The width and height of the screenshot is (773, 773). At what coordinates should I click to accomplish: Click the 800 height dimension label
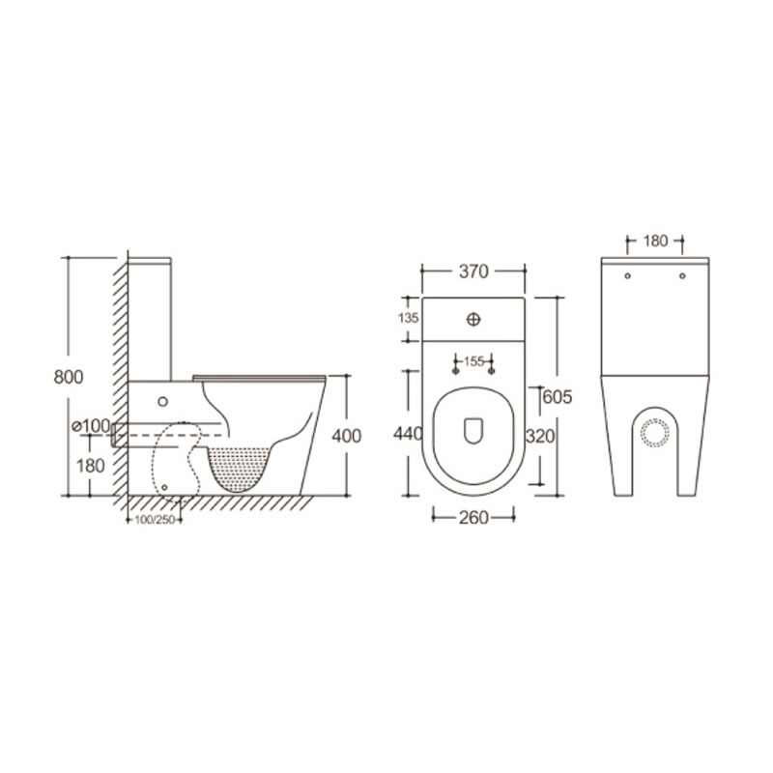coord(69,377)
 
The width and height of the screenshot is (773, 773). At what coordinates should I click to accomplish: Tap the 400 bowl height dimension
coord(347,436)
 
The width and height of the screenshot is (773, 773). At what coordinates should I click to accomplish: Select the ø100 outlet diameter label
coord(91,426)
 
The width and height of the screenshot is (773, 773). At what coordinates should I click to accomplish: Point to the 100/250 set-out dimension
coord(155,520)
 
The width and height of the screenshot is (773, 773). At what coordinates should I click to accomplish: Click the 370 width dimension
coord(473,272)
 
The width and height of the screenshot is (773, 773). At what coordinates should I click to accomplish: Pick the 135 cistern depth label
coord(408,318)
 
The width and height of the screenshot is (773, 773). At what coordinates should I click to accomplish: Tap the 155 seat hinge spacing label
coord(473,361)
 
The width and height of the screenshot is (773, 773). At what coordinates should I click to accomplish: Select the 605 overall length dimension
coord(558,397)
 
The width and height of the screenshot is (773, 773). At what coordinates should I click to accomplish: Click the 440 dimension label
coord(408,433)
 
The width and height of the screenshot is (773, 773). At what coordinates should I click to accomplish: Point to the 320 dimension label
coord(540,437)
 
